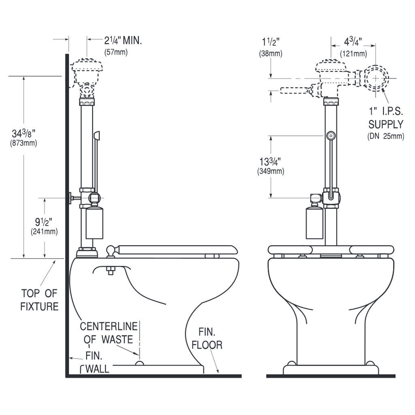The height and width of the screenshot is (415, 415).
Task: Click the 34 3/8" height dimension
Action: pos(24,133)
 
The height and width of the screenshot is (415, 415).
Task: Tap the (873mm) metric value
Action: pos(24,143)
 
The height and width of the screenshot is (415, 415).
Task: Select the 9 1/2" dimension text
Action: pos(44,222)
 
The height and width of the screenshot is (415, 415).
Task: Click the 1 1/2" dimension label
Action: pos(271,42)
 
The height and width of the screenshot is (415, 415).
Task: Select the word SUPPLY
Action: pos(385,124)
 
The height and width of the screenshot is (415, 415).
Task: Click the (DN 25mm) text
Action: pos(385,136)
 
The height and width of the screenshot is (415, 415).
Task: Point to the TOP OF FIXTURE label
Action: pos(39,299)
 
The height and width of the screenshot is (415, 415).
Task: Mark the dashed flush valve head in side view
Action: pos(86,70)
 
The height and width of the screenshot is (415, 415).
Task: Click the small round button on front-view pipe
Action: pos(331,135)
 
